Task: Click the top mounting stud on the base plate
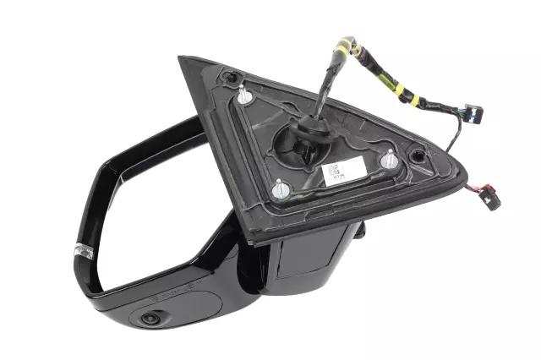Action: (244, 95)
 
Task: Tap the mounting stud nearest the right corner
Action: (390, 158)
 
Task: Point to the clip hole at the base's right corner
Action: (417, 155)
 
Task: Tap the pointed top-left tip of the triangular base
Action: (181, 59)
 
